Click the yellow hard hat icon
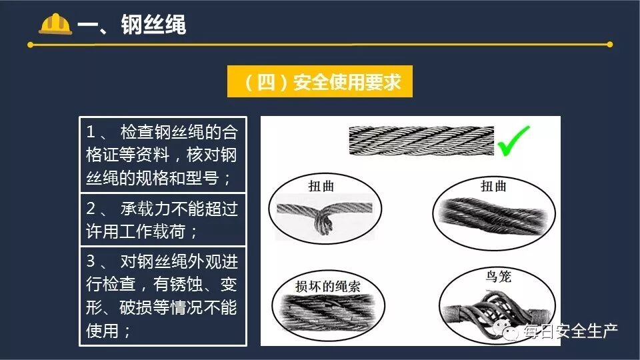pos(55,24)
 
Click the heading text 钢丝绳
pos(153,25)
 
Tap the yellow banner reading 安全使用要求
pos(319,81)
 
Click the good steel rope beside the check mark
pos(421,141)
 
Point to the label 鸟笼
pos(498,276)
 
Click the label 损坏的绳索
pos(328,286)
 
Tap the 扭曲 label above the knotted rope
pos(321,186)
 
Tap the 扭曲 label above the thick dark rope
pos(493,186)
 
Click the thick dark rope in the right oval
pos(494,216)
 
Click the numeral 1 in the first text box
pos(91,132)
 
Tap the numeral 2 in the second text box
pos(91,209)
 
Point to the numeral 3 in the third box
pos(91,261)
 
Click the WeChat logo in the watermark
pos(505,330)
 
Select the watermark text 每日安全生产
pos(571,331)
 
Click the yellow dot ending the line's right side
pos(610,45)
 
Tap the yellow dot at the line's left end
pos(30,45)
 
